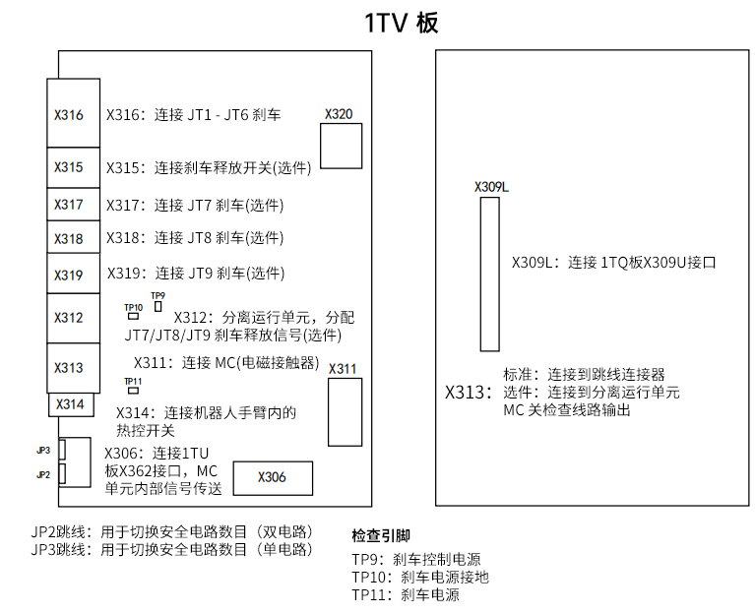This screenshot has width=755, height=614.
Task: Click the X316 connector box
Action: tap(71, 113)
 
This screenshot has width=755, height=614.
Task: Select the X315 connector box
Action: tap(71, 167)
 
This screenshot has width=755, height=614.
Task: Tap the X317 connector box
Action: tap(71, 205)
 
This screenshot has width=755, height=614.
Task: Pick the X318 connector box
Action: tap(71, 238)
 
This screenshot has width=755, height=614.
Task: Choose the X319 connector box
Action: tap(71, 275)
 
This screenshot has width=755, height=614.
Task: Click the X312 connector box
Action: tap(71, 318)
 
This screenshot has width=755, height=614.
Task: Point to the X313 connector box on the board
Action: tap(71, 368)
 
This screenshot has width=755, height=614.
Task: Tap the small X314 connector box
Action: tap(70, 404)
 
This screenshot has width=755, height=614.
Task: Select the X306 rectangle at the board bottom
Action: tap(273, 477)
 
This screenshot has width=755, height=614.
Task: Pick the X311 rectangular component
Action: tap(344, 411)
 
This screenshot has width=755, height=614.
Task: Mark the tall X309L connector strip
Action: tap(489, 274)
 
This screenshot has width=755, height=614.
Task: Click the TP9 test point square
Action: tap(157, 307)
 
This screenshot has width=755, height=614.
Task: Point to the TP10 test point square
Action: tap(133, 318)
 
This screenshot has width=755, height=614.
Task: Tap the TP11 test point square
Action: tap(133, 392)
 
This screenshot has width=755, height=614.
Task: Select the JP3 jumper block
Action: tap(63, 450)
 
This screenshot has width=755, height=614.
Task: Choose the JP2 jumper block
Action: tap(63, 474)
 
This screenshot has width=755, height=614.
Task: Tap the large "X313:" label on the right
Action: tap(469, 392)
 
